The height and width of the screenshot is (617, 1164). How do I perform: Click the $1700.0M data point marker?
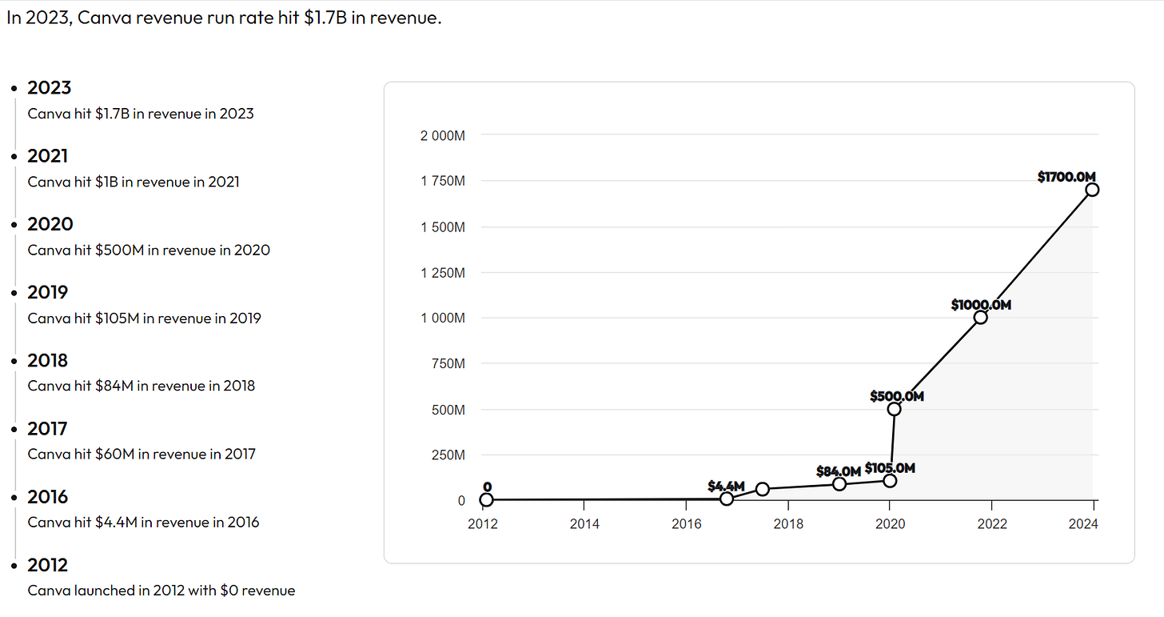pyautogui.click(x=1093, y=190)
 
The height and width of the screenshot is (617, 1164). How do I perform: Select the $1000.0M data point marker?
pyautogui.click(x=981, y=318)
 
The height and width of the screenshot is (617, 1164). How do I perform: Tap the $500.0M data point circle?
pyautogui.click(x=895, y=409)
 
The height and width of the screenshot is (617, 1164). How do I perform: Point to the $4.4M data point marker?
pyautogui.click(x=727, y=499)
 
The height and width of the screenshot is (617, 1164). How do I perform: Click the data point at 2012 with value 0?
pyautogui.click(x=486, y=500)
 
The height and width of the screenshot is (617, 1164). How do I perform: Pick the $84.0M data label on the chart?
pyautogui.click(x=838, y=471)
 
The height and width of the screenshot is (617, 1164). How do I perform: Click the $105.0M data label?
pyautogui.click(x=890, y=468)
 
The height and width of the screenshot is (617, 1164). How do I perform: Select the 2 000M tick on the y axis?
pyautogui.click(x=442, y=135)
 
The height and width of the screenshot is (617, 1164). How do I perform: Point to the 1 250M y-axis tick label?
pyautogui.click(x=442, y=273)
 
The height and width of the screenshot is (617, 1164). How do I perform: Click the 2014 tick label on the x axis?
pyautogui.click(x=584, y=524)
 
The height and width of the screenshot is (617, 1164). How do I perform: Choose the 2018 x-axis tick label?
pyautogui.click(x=788, y=524)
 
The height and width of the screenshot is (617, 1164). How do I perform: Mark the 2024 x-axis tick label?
pyautogui.click(x=1094, y=524)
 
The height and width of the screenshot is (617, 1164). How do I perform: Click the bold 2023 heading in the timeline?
pyautogui.click(x=49, y=88)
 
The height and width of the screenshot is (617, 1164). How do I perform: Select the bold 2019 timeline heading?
pyautogui.click(x=48, y=292)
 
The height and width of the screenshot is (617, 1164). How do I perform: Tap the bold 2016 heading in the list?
pyautogui.click(x=48, y=497)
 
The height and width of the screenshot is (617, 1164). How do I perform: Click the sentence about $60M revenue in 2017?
pyautogui.click(x=142, y=455)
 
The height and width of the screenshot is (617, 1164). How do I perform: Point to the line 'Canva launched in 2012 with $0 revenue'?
pyautogui.click(x=161, y=591)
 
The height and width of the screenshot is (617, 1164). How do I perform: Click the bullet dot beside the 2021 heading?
pyautogui.click(x=15, y=157)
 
